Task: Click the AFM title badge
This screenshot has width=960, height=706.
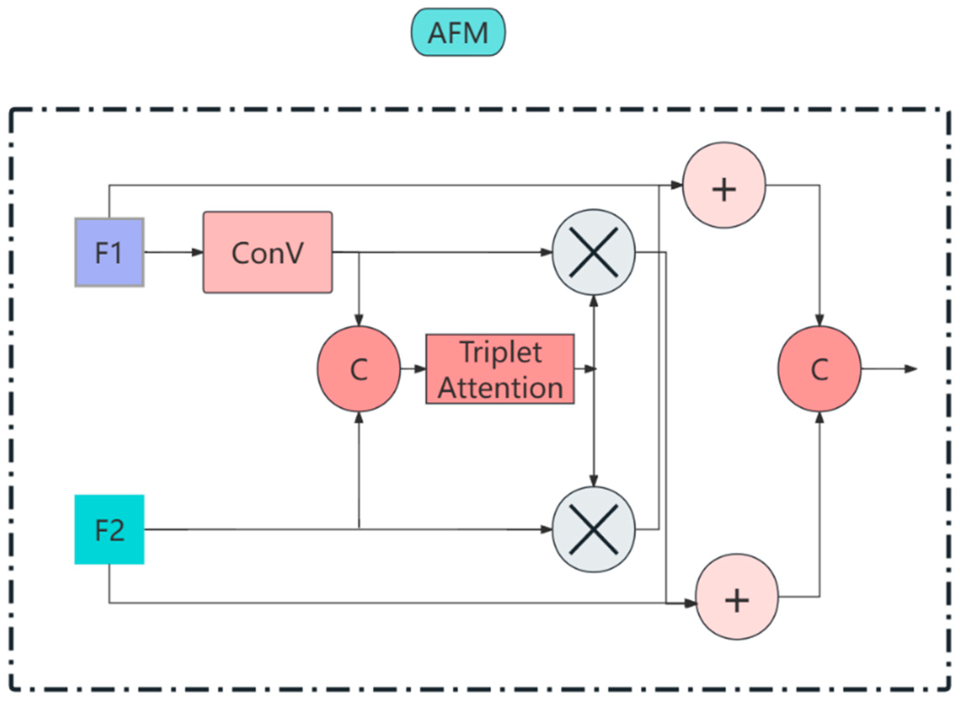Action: point(458,32)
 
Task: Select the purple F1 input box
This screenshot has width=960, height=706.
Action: point(109,252)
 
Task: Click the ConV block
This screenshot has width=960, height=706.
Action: point(268,252)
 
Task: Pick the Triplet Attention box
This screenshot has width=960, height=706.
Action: point(500,369)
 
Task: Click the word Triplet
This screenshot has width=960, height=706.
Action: point(501,352)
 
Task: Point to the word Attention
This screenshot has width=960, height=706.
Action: point(500,388)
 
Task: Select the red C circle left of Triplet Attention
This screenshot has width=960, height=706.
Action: point(359,369)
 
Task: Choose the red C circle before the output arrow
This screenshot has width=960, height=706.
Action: point(819,369)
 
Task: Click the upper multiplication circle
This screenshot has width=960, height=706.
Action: point(594,252)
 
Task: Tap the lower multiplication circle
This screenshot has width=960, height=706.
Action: point(594,529)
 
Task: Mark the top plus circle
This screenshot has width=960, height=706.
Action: point(724,185)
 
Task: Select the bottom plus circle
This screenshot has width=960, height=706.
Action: point(737,597)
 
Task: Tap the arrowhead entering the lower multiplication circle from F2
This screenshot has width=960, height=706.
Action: point(546,529)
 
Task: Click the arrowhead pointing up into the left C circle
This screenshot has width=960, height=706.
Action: point(359,418)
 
